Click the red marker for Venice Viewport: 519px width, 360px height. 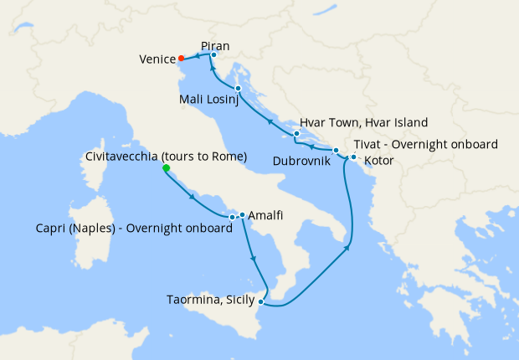tap(182, 59)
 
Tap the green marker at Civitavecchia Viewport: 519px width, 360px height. tap(166, 168)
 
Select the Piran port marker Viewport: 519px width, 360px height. tap(213, 55)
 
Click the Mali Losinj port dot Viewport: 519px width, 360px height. tap(239, 88)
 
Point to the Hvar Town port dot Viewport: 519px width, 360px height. tap(296, 133)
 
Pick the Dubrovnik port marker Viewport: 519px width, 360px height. tap(336, 151)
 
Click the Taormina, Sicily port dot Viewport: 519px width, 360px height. tap(262, 301)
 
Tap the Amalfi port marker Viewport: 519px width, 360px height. tap(242, 215)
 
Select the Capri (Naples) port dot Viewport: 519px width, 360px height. tap(232, 218)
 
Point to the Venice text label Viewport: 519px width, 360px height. tap(157, 59)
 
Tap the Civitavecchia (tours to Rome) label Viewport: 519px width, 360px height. tap(167, 157)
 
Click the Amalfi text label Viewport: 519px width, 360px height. tap(265, 215)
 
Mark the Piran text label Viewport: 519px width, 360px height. tap(216, 46)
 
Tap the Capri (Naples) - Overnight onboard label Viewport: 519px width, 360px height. tap(135, 229)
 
